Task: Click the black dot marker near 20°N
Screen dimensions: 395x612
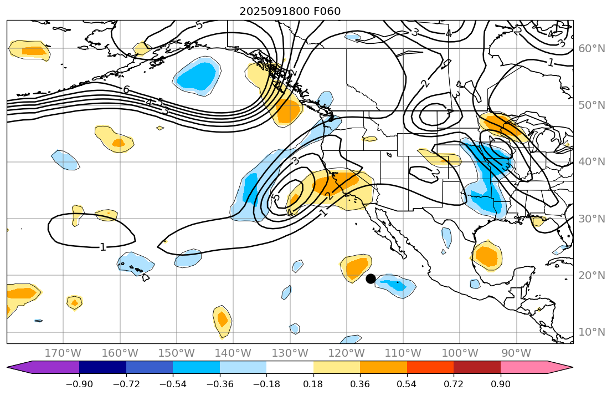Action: [371, 278]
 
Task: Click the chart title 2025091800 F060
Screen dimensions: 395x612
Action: [290, 11]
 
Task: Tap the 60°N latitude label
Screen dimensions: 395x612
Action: [592, 48]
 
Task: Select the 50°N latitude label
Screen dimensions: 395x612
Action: [592, 105]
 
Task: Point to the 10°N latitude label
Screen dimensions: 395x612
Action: [592, 332]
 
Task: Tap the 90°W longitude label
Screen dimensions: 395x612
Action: [516, 353]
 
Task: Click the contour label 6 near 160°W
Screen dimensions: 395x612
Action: [126, 90]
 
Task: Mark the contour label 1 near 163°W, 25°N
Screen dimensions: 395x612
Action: [103, 247]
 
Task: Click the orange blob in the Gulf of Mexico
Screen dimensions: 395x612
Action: [487, 256]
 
